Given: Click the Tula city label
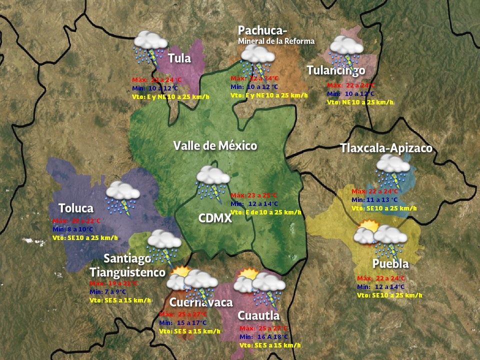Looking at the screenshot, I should [179, 58].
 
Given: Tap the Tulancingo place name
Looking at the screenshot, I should [336, 70].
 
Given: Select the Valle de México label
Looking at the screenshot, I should [215, 146].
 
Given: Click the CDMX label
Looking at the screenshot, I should [215, 218].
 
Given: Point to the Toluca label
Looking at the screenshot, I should [76, 208].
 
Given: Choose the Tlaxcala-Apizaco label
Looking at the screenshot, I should [386, 148].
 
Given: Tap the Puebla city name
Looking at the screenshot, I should [390, 263].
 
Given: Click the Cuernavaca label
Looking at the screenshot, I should [201, 302].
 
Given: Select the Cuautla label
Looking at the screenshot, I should [258, 315].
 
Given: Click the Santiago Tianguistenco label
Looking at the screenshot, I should [127, 265].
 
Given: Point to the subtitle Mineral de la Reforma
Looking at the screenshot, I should [276, 41].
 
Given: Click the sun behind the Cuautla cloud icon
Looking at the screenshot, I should [248, 274].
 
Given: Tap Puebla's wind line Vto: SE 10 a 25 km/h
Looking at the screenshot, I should [389, 295].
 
